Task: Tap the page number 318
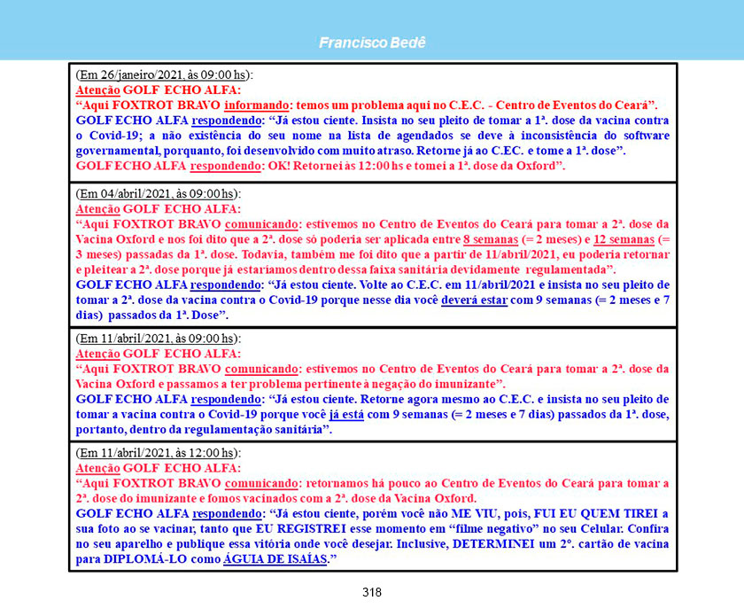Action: [x=372, y=592]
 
